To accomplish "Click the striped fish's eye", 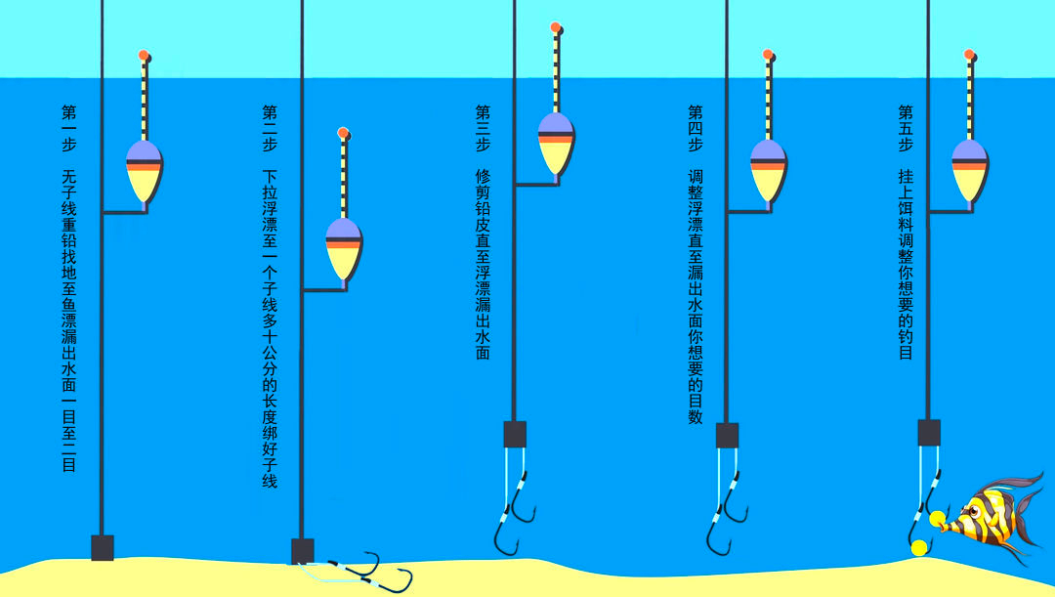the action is click(x=974, y=514).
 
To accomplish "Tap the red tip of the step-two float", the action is click(x=343, y=133).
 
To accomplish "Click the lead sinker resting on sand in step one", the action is click(x=103, y=547).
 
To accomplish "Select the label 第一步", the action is click(x=69, y=128).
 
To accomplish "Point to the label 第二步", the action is click(x=270, y=128).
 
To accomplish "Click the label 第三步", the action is click(x=484, y=128).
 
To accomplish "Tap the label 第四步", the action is click(x=696, y=128).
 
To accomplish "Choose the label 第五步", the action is click(x=907, y=128).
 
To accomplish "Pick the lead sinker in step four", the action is click(x=728, y=436).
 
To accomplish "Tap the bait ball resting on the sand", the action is click(x=919, y=548).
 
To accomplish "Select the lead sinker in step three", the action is click(x=516, y=434).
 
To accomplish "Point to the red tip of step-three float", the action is click(x=555, y=27).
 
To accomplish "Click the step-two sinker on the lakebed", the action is click(x=303, y=551).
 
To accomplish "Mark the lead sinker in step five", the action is click(x=929, y=432).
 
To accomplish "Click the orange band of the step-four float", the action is click(x=769, y=166).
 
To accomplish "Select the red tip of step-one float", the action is click(x=144, y=55).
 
